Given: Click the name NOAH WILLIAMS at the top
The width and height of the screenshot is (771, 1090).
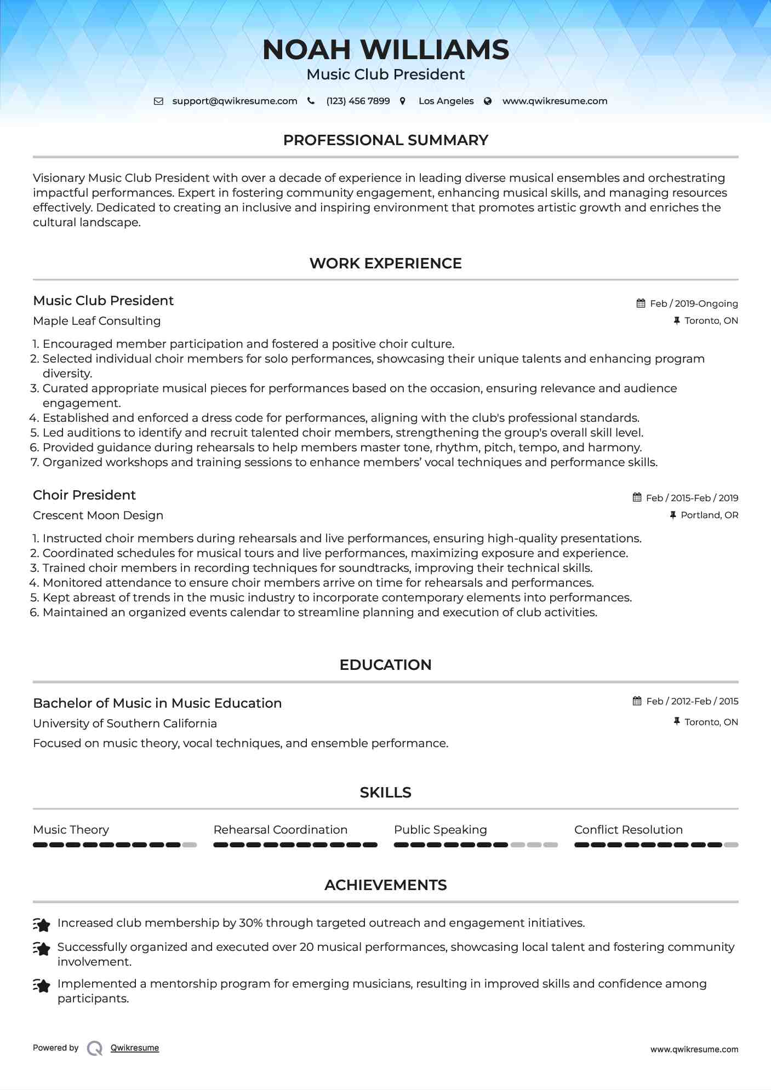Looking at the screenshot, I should [386, 50].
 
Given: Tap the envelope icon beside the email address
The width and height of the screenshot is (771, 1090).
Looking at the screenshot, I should [158, 101].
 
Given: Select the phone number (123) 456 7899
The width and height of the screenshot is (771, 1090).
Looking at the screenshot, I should [358, 101].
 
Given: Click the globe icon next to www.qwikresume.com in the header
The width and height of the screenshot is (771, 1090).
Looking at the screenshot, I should [488, 101].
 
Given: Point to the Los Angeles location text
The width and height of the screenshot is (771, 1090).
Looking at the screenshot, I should [446, 101].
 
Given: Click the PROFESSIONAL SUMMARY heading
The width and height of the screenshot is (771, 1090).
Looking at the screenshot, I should [386, 140].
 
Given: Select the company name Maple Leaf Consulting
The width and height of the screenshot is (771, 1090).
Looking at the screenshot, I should [97, 321].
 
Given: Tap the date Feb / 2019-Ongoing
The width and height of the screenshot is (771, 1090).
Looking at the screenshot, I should [694, 303].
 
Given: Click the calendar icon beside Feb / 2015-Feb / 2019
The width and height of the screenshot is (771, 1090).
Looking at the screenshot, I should [637, 497].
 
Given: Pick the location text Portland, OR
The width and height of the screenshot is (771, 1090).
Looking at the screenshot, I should [709, 515].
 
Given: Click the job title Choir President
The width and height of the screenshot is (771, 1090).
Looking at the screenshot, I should [84, 495].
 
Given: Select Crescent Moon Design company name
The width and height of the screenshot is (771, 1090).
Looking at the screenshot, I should [98, 515].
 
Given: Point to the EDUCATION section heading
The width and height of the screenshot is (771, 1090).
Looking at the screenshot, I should [386, 665].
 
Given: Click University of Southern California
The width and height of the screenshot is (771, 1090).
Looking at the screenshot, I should [125, 724].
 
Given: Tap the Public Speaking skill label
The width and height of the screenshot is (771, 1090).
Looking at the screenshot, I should [441, 830].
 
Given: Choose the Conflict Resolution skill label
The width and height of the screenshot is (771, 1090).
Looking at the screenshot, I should [629, 830].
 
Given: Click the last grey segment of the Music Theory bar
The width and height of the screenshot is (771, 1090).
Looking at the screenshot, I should [190, 845].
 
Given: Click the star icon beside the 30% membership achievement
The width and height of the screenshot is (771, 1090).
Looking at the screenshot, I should [42, 925].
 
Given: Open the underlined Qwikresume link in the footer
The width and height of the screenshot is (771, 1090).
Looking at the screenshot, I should [135, 1048].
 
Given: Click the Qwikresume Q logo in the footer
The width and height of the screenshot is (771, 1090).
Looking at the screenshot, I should [95, 1048].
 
